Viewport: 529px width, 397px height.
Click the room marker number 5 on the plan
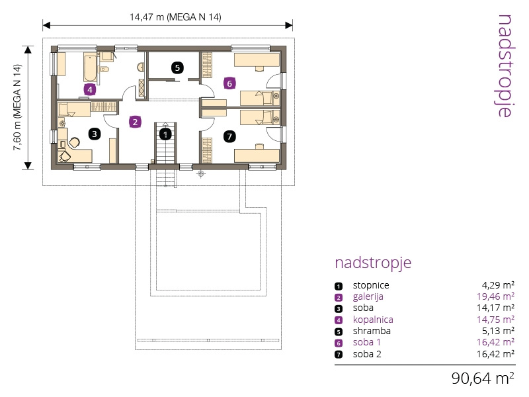177,67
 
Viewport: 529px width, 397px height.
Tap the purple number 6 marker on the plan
229,83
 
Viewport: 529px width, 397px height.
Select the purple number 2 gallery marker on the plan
135,122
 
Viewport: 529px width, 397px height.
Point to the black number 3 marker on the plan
95,134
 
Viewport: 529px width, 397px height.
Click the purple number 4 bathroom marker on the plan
90,90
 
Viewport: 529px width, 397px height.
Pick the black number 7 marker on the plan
229,136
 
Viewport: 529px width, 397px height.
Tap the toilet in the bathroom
104,69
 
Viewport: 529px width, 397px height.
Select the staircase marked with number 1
165,142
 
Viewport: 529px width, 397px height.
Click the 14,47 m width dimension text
175,17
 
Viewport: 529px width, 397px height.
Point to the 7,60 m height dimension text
17,107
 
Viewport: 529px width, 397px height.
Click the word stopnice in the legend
371,285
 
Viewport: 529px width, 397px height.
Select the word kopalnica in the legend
373,320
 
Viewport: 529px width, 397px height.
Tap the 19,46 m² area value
495,296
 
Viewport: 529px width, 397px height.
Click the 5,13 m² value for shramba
499,330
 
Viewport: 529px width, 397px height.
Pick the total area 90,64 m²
483,378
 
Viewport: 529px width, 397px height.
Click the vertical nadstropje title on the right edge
505,66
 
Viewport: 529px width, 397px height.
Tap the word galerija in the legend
368,296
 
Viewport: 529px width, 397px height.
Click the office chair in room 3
75,142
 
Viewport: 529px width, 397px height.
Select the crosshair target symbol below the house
201,174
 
